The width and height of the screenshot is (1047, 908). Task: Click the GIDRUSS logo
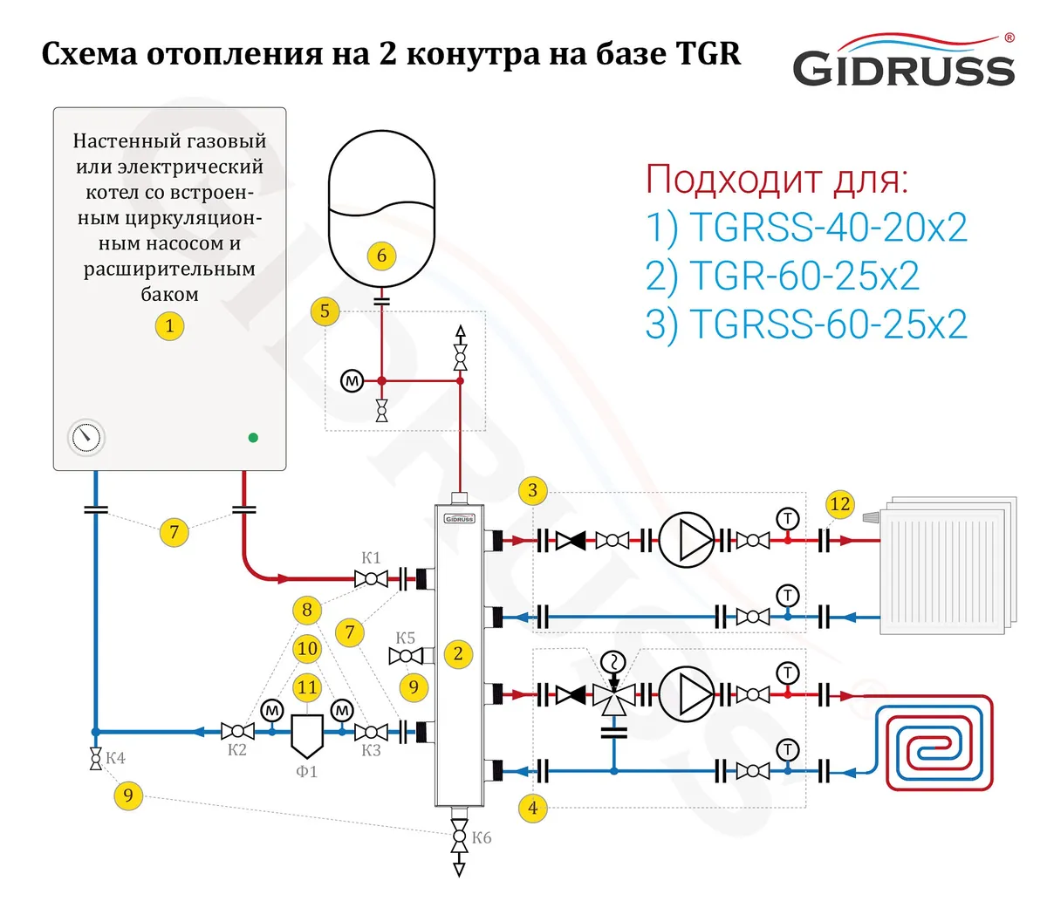(x=903, y=61)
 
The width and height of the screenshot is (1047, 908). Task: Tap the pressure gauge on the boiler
(x=86, y=437)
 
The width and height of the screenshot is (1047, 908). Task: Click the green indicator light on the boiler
(x=253, y=437)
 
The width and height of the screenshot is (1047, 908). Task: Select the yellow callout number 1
(x=169, y=326)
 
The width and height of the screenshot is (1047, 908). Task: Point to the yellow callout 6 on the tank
(x=381, y=256)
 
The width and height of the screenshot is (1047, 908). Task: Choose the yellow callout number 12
(x=839, y=504)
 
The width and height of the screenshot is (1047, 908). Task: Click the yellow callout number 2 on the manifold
(x=458, y=653)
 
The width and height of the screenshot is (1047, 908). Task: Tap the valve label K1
(x=371, y=557)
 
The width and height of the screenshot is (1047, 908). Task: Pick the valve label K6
(x=482, y=837)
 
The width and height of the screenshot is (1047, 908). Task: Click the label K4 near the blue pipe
(x=116, y=758)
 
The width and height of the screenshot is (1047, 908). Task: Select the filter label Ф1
(x=307, y=772)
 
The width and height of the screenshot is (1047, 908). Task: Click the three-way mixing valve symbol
(x=614, y=695)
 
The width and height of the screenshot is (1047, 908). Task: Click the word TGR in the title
(x=708, y=53)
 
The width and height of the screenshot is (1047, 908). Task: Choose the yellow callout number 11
(x=307, y=687)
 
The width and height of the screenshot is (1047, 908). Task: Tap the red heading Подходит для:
(x=777, y=178)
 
